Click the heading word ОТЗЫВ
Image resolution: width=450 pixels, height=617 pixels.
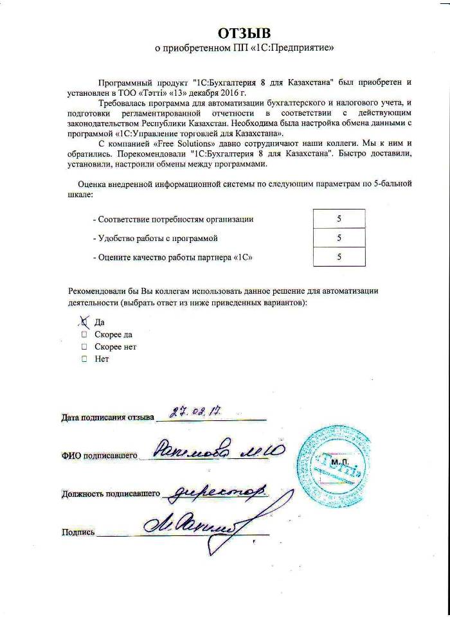coord(244,33)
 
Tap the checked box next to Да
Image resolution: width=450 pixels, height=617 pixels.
coord(83,321)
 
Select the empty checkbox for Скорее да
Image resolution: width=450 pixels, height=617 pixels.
coord(84,334)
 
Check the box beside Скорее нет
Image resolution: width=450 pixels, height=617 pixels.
coord(84,346)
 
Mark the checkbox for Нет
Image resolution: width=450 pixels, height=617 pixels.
coord(84,359)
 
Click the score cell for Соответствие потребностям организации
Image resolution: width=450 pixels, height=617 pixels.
coord(339,219)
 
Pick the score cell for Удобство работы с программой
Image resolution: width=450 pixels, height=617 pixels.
coord(339,238)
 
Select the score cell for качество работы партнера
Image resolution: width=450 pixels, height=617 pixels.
coord(339,257)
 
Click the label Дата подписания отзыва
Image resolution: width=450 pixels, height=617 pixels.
coord(108,418)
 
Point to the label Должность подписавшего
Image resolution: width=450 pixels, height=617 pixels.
coord(111,494)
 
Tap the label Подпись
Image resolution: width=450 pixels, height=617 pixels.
coord(78,532)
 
